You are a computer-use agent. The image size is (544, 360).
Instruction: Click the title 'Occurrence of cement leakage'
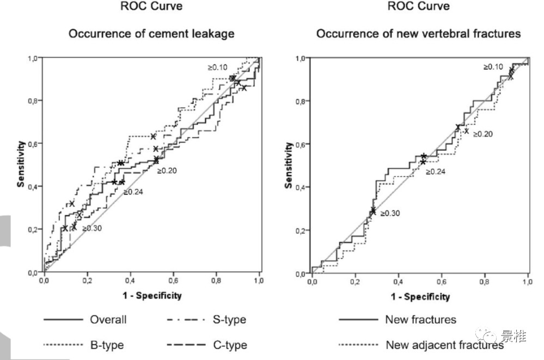click(x=151, y=34)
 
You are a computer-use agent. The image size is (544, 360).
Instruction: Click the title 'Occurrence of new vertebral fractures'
click(x=418, y=34)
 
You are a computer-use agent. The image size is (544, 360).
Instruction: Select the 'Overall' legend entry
click(x=108, y=320)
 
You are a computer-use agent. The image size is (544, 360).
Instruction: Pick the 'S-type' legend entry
click(x=229, y=320)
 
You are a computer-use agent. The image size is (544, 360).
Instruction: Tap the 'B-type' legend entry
click(x=107, y=345)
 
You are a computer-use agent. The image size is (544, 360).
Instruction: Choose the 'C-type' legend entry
click(x=229, y=345)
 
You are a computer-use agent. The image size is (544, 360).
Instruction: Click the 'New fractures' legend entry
click(x=420, y=320)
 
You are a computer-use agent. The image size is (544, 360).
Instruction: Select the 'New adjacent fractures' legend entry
click(x=444, y=345)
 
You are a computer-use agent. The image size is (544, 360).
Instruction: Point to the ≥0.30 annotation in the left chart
click(x=93, y=228)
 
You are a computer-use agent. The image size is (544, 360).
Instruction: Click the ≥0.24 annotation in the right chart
click(x=436, y=172)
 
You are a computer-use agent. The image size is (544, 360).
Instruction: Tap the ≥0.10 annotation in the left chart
click(x=217, y=68)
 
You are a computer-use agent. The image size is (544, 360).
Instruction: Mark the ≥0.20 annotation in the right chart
click(x=482, y=134)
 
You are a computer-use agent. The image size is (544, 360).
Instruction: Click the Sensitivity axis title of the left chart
click(x=20, y=164)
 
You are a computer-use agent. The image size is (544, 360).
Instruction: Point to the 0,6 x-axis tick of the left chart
click(x=173, y=281)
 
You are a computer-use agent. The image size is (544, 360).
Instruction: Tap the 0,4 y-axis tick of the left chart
click(x=33, y=187)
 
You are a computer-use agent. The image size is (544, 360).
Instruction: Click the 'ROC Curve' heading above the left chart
click(x=151, y=7)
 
